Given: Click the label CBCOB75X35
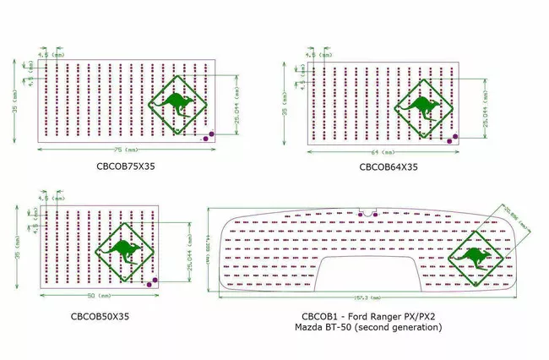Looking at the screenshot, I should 126,166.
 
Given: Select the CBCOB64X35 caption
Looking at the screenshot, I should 389,166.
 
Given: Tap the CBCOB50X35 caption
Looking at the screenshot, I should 100,316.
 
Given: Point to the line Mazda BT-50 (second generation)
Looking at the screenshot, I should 368,326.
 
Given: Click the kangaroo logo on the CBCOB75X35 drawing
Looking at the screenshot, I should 179,106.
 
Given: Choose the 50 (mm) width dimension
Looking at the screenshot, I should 97,297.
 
